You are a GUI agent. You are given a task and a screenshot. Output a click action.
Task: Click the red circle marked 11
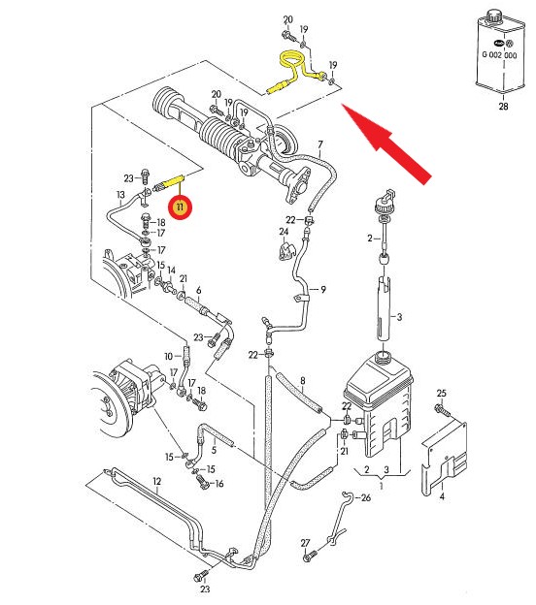pyautogui.click(x=180, y=207)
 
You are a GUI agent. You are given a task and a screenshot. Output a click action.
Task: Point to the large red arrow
pyautogui.click(x=386, y=143)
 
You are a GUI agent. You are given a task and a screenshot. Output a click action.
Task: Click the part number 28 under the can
pyautogui.click(x=503, y=106)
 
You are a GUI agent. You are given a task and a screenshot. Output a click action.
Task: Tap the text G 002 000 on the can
pyautogui.click(x=499, y=55)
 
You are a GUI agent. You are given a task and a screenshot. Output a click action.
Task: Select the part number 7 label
pyautogui.click(x=320, y=145)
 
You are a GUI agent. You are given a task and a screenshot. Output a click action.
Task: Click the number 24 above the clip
pyautogui.click(x=284, y=232)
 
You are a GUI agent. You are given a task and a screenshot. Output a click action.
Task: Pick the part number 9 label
pyautogui.click(x=323, y=289)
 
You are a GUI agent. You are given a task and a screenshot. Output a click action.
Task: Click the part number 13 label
pyautogui.click(x=120, y=195)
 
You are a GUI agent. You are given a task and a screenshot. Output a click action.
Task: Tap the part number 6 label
pyautogui.click(x=199, y=290)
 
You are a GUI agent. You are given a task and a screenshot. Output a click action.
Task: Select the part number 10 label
pyautogui.click(x=169, y=356)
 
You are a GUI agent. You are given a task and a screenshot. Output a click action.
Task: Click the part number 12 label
pyautogui.click(x=156, y=481)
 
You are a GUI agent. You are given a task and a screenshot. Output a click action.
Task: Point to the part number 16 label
pyautogui.click(x=219, y=484)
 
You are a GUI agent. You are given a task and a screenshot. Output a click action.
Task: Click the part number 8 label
pyautogui.click(x=303, y=381)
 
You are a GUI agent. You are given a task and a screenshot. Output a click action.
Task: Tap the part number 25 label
pyautogui.click(x=441, y=394)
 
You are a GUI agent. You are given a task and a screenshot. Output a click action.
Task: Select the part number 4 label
pyautogui.click(x=442, y=497)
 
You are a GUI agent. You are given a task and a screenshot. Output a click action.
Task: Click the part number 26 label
pyautogui.click(x=365, y=497)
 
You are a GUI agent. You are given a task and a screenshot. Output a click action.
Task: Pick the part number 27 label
pyautogui.click(x=305, y=543)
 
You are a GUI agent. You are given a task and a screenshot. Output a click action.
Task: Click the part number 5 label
pyautogui.click(x=214, y=450)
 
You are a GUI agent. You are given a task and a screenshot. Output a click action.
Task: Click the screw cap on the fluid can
pyautogui.click(x=493, y=16)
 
